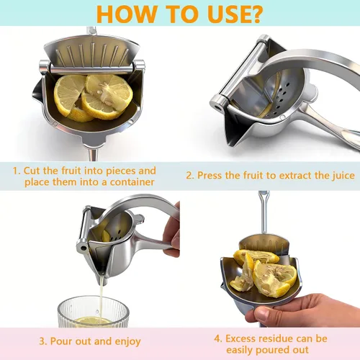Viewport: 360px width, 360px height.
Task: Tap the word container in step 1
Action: click(x=132, y=182)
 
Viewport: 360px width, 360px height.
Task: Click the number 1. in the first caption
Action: click(x=17, y=171)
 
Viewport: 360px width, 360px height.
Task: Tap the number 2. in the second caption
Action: click(x=190, y=176)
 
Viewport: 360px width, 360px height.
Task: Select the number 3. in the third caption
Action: click(x=43, y=341)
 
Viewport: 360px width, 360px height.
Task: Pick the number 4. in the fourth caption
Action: click(x=218, y=338)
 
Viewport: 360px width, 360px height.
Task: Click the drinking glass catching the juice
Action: click(x=93, y=312)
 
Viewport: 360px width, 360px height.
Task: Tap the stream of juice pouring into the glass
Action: click(x=102, y=297)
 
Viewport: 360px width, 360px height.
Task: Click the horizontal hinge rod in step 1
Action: click(x=92, y=69)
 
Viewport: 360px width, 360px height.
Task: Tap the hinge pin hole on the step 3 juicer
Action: click(x=83, y=248)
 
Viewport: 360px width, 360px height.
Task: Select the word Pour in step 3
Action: click(x=62, y=341)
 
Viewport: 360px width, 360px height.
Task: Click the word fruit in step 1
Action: click(x=71, y=171)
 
